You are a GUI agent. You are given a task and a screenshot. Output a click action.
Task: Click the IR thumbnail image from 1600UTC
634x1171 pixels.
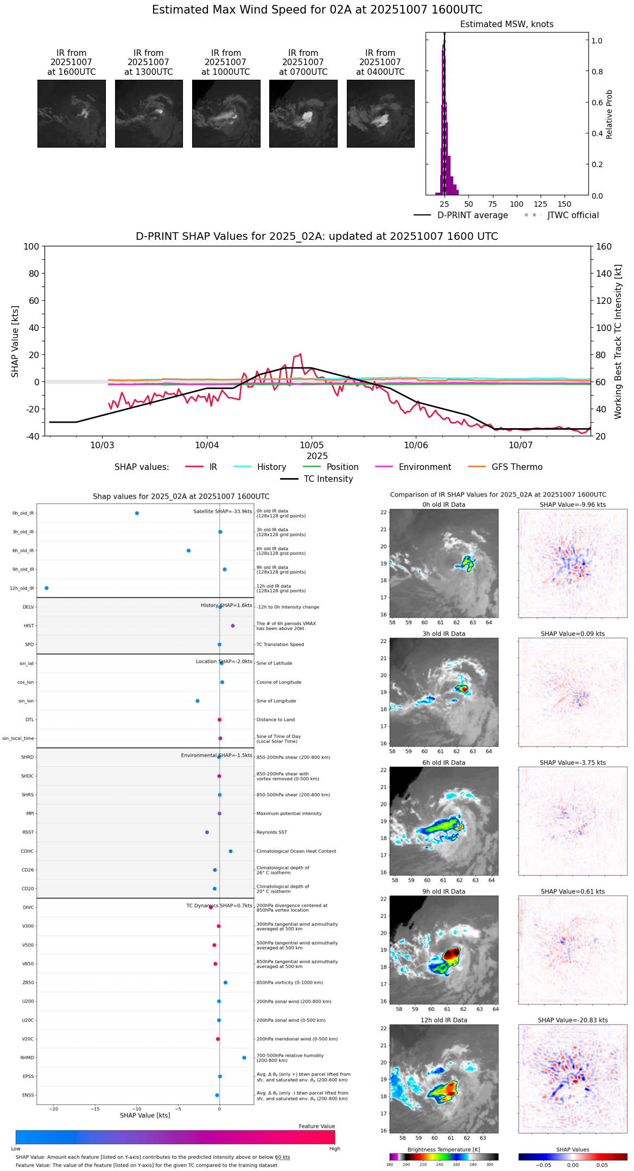pyautogui.click(x=71, y=113)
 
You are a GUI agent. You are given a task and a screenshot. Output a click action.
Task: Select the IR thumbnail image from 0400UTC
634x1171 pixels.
pyautogui.click(x=381, y=113)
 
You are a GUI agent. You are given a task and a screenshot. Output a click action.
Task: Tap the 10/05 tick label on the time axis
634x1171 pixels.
pyautogui.click(x=312, y=446)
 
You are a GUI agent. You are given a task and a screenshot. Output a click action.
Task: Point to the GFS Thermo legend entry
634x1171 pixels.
pyautogui.click(x=516, y=467)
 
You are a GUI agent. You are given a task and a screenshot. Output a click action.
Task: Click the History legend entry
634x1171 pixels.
pyautogui.click(x=271, y=467)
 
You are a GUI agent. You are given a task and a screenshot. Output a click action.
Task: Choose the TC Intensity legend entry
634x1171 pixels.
pyautogui.click(x=328, y=479)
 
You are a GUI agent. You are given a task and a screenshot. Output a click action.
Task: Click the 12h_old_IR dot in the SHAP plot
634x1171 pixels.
pyautogui.click(x=47, y=588)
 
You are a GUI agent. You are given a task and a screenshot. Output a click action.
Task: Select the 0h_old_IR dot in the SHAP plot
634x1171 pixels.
pyautogui.click(x=137, y=513)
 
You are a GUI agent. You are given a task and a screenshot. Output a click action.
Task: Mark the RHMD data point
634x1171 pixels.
pyautogui.click(x=244, y=1058)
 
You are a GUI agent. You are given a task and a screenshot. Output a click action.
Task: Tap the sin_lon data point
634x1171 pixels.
pyautogui.click(x=198, y=701)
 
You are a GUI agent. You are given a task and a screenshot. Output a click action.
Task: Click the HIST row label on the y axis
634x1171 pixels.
pyautogui.click(x=29, y=626)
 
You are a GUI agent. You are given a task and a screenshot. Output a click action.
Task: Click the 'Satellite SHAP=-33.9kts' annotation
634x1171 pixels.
pyautogui.click(x=223, y=512)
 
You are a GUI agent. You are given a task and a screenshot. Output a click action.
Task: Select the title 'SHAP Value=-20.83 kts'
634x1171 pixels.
pyautogui.click(x=573, y=1020)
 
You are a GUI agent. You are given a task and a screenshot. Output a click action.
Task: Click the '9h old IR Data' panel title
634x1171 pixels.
pyautogui.click(x=443, y=892)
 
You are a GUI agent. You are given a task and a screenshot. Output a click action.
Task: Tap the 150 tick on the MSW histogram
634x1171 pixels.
pyautogui.click(x=565, y=205)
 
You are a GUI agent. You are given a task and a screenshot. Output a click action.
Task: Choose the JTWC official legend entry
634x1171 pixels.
pyautogui.click(x=573, y=215)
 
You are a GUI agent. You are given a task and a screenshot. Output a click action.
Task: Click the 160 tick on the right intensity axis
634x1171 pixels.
pyautogui.click(x=604, y=247)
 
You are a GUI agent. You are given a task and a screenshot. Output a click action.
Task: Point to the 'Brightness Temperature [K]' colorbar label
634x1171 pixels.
pyautogui.click(x=443, y=1149)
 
